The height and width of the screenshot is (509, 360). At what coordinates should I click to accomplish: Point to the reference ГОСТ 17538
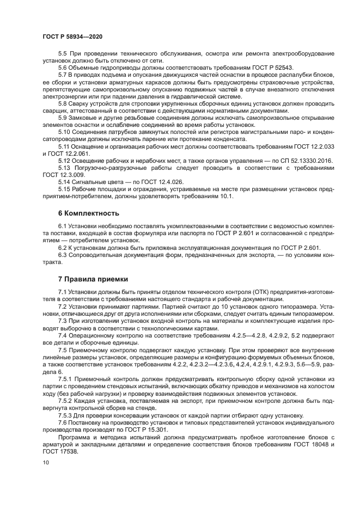point(60,452)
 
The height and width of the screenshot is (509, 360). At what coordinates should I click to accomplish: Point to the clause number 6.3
point(64,255)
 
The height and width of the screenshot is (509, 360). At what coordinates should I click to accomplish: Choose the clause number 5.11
point(65,146)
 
